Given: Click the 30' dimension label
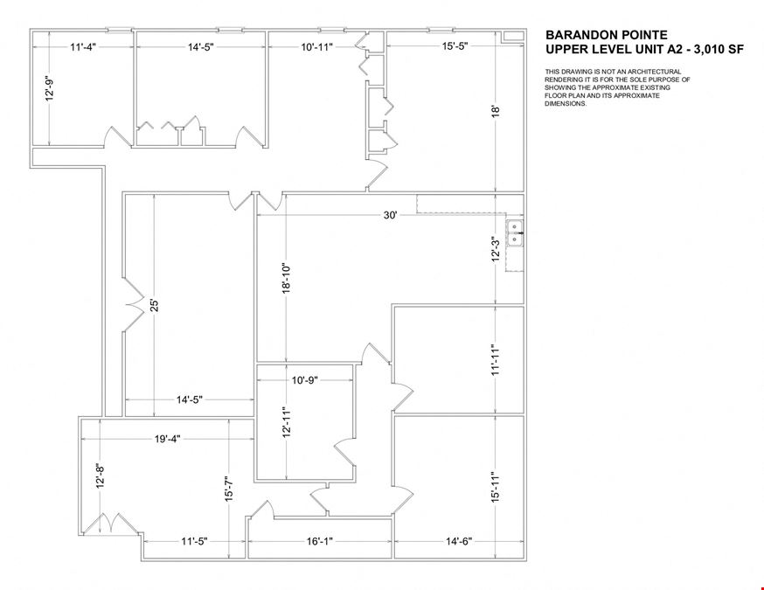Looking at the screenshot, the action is (x=391, y=215).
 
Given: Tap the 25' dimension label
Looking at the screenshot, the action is (x=155, y=305).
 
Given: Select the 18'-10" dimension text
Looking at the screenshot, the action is (x=286, y=278).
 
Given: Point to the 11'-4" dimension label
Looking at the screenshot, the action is (x=83, y=47).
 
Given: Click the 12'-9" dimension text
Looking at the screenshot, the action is (x=50, y=87).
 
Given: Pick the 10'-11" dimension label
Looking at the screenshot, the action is (x=316, y=47).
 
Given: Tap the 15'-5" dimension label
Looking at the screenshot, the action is (x=455, y=46).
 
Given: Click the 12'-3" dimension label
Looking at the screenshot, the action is (x=497, y=249).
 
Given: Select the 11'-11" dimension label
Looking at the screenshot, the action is (x=497, y=359).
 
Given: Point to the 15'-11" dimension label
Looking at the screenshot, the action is (x=497, y=487).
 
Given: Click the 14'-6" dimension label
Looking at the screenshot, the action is (x=459, y=541).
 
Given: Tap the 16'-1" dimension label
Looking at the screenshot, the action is (x=319, y=541).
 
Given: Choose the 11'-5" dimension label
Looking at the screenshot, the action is (x=194, y=541).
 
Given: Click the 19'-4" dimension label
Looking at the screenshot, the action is (x=168, y=439).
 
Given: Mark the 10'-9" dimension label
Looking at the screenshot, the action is (x=305, y=380).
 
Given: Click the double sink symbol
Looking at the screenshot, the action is (x=515, y=233).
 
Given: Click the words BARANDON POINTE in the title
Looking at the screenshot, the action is (x=606, y=35).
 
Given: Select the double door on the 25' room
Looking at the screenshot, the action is (x=134, y=305).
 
